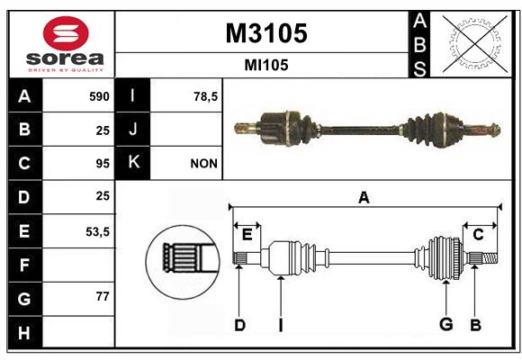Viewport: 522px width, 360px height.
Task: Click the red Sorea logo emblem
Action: (66, 33)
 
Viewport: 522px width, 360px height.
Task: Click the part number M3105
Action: (266, 33)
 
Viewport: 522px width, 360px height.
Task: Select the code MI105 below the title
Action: (266, 65)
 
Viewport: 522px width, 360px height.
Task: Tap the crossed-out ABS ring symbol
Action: (475, 43)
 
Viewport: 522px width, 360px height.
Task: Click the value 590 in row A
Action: (99, 96)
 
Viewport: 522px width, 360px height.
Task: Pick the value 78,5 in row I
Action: (205, 96)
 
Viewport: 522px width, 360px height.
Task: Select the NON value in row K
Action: (203, 164)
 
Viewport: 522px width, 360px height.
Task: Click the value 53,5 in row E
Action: (97, 231)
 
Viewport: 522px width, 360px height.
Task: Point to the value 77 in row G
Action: (103, 296)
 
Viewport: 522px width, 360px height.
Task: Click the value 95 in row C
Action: (103, 164)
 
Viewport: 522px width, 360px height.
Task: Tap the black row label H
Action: (25, 332)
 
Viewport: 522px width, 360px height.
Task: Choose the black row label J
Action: (133, 130)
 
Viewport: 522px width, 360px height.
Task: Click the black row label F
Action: (25, 265)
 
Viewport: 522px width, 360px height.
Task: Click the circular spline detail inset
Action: (183, 262)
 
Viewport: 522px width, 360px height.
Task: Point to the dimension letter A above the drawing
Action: (364, 197)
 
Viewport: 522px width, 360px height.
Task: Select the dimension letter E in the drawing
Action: (247, 235)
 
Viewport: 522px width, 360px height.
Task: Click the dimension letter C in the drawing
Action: (478, 235)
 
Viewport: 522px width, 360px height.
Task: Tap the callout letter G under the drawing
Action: (446, 324)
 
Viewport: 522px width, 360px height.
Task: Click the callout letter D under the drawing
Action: (239, 325)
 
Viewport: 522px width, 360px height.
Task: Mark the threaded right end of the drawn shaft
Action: (490, 258)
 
